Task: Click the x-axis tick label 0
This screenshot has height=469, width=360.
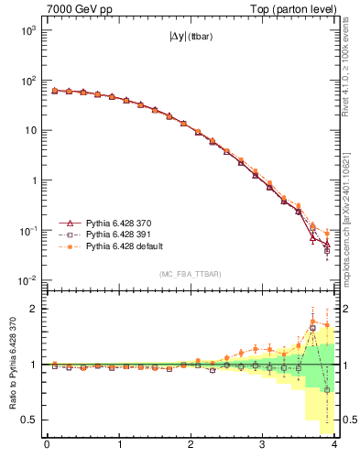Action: [47, 445]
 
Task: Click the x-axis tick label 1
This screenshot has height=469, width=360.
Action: [119, 445]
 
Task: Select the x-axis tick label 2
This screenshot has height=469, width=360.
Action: [191, 445]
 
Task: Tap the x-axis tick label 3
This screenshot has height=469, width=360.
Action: [263, 445]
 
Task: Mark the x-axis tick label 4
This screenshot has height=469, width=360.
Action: [334, 445]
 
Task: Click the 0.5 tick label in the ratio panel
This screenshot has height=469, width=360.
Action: [28, 420]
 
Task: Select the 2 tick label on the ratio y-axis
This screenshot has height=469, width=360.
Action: [34, 309]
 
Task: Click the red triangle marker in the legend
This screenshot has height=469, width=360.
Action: [67, 223]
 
